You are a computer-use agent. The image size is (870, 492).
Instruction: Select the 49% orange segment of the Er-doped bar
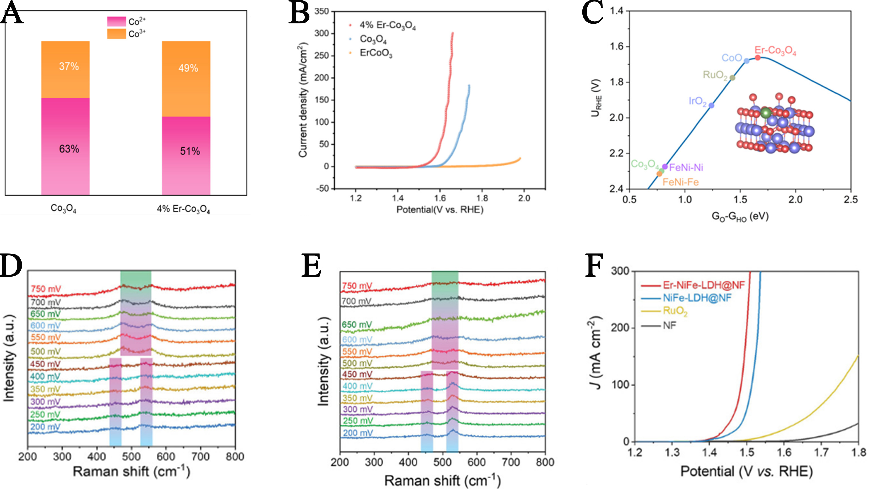coord(186,79)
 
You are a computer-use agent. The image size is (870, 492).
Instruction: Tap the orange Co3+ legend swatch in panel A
coord(116,34)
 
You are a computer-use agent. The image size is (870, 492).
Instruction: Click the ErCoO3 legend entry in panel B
coord(376,53)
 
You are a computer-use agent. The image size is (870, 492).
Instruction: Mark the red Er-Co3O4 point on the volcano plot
coord(758,58)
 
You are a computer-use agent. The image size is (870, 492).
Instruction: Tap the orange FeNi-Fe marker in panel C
coord(659,174)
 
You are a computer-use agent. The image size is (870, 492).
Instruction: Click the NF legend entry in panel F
coord(669,325)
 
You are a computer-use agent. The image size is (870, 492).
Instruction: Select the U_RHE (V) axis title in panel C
coord(596,98)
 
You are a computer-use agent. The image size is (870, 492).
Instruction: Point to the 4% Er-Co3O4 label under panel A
coord(183,209)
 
